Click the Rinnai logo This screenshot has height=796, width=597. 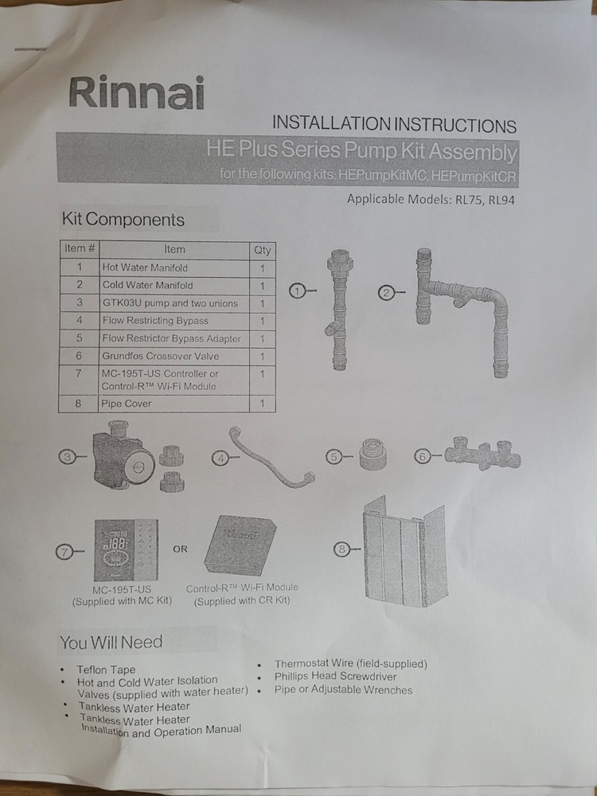pos(136,93)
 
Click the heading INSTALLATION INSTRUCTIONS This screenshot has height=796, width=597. pos(394,125)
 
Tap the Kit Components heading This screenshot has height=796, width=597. pos(123,220)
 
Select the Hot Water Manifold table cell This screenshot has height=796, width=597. pos(174,267)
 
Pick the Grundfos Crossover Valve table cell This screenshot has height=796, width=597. pos(174,356)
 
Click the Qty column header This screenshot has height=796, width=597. pos(262,250)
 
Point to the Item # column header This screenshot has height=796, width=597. pos(80,249)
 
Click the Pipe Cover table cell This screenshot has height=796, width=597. pos(174,404)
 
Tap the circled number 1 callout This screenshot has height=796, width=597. pos(298,292)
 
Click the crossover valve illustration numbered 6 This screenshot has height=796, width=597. pos(482,455)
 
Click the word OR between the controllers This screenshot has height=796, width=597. pos(181,548)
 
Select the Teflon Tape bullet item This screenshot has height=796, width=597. pos(106,669)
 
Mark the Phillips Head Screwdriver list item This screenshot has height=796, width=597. pos(335,677)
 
